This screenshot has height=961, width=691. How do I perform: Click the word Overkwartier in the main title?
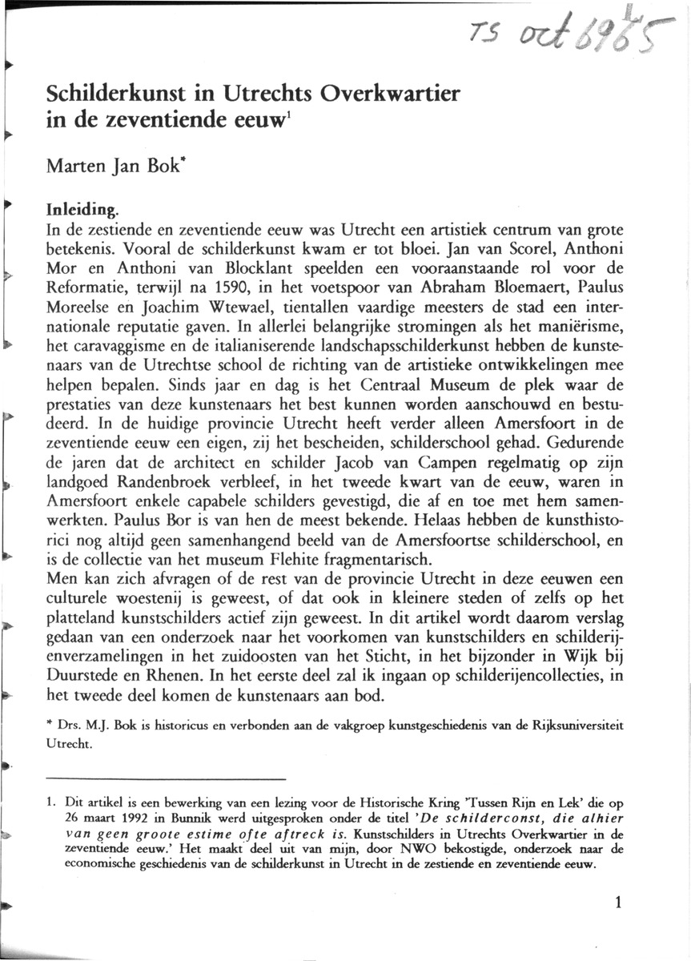pos(389,94)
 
